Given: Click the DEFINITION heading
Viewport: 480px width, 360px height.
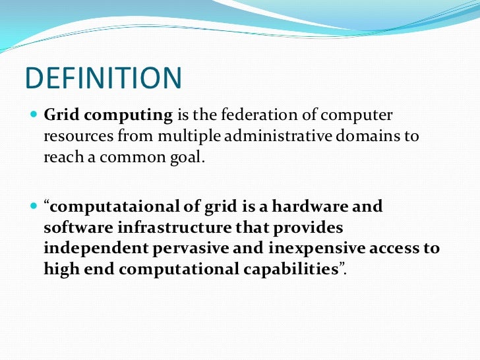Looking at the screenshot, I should click(103, 78).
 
